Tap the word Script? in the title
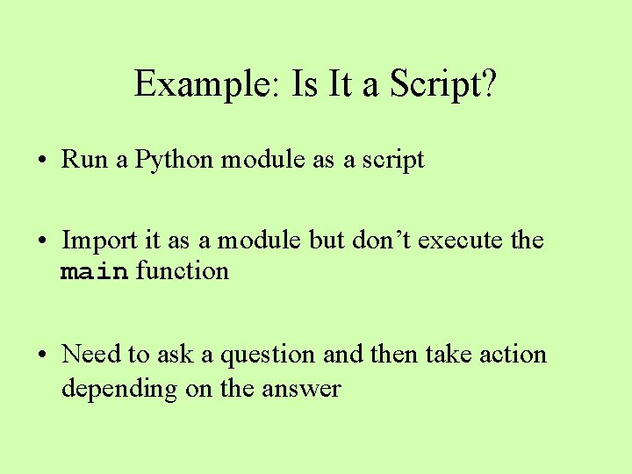click(x=443, y=84)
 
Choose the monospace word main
click(x=95, y=272)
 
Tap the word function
click(x=182, y=271)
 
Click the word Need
click(x=91, y=355)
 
